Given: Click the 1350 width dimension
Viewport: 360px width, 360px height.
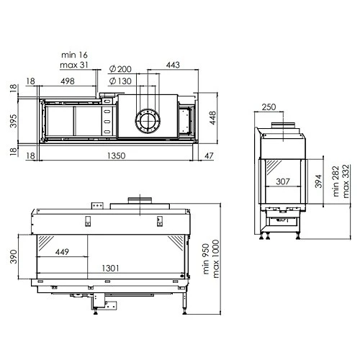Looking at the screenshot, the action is [x=116, y=156].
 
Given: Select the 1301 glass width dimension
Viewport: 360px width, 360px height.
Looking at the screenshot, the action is [x=110, y=268].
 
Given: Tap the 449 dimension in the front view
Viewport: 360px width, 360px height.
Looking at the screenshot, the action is [x=62, y=252].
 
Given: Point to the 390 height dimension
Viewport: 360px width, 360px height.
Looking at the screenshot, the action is [x=14, y=256].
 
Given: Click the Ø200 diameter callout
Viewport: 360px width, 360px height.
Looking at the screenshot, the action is [x=120, y=69].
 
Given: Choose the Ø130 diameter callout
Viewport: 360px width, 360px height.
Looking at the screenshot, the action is [x=120, y=81].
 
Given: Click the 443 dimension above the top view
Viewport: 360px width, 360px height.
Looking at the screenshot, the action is [x=173, y=65].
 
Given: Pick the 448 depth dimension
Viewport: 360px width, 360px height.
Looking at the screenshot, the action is [x=213, y=118].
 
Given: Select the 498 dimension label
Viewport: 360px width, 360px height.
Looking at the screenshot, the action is [x=68, y=81].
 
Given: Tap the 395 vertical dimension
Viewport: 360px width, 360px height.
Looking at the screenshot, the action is [x=14, y=121].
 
